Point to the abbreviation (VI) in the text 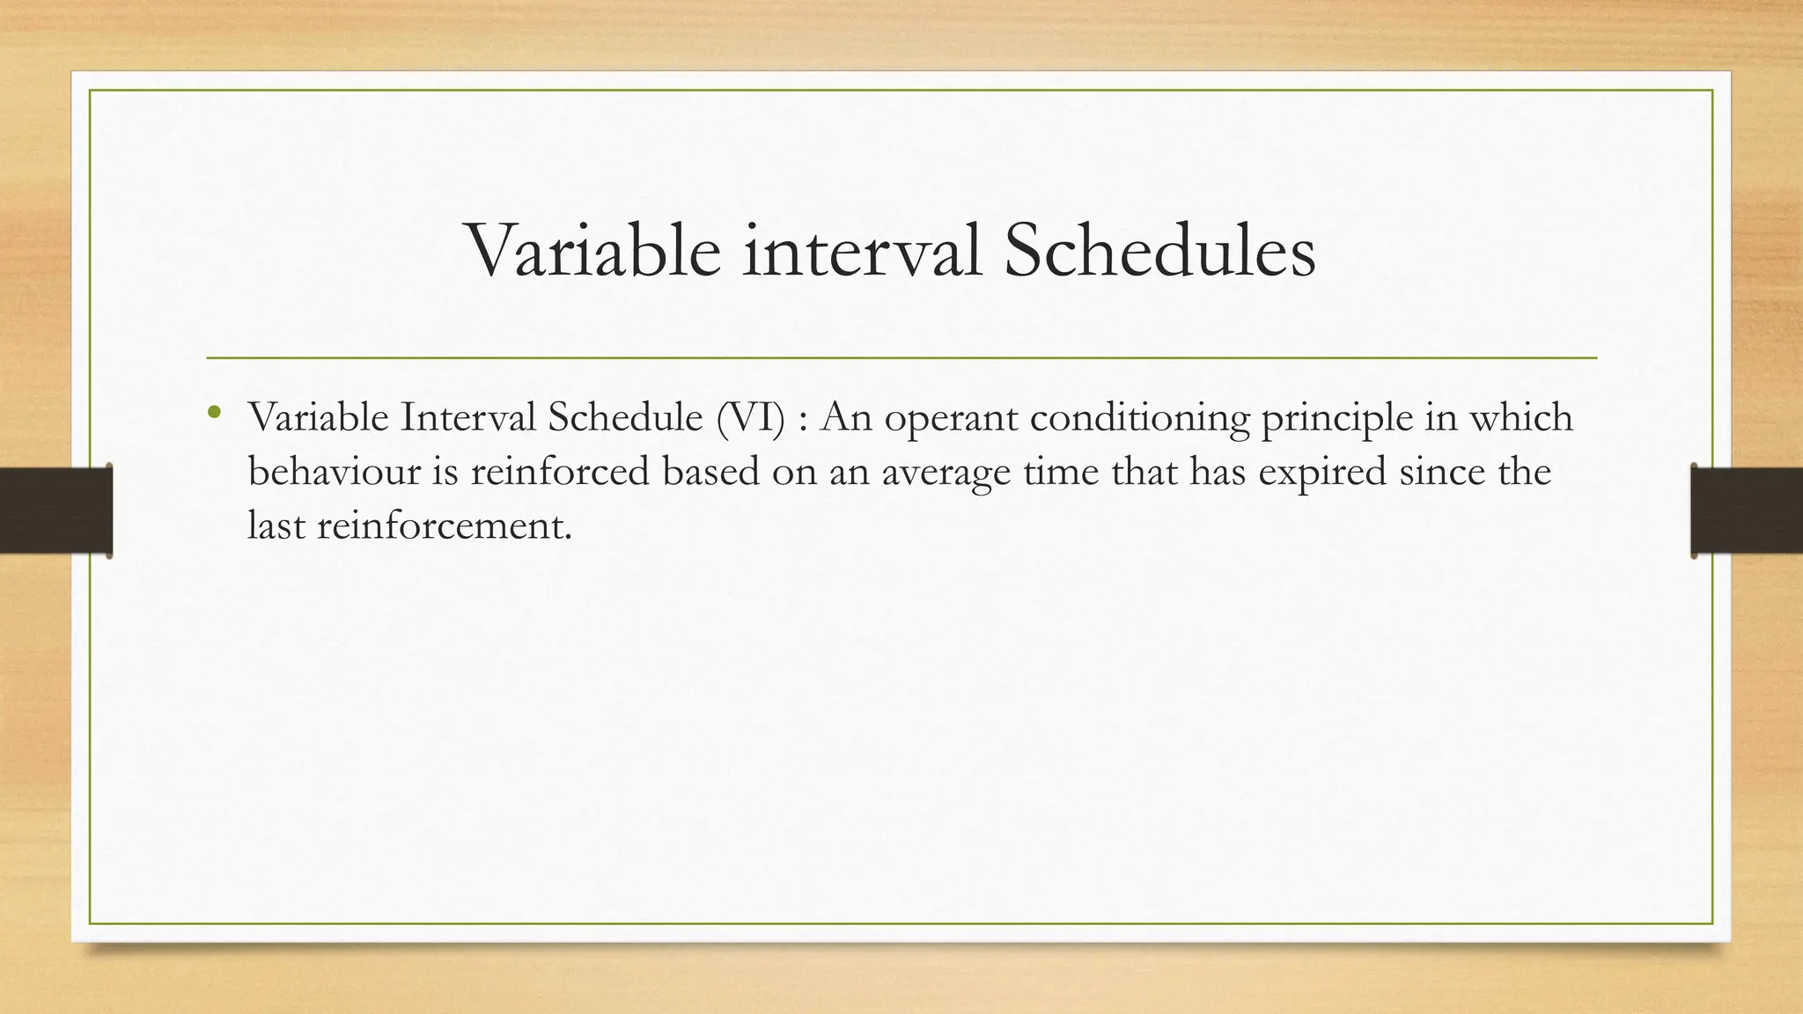click(x=750, y=417)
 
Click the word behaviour click(x=335, y=472)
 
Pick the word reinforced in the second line click(x=560, y=472)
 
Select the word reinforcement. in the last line click(x=444, y=526)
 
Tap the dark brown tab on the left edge click(x=55, y=511)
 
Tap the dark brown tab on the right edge click(x=1747, y=511)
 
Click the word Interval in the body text click(x=467, y=417)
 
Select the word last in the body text click(x=276, y=526)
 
